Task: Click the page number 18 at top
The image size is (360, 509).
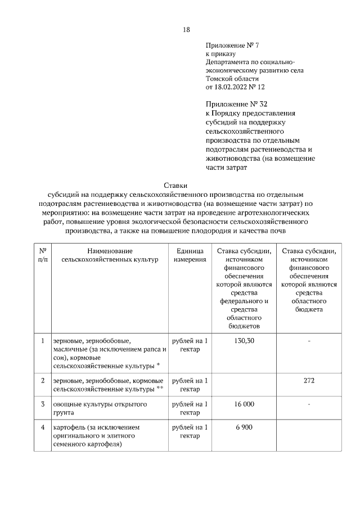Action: point(186,30)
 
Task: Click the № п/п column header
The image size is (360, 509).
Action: point(43,255)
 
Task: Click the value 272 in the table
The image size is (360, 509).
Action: point(309,381)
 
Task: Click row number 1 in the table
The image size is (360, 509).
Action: point(43,341)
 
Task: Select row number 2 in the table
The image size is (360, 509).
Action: point(43,381)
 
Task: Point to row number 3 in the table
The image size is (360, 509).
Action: point(43,404)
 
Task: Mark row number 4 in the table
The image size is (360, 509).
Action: point(43,427)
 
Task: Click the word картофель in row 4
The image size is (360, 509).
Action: point(69,427)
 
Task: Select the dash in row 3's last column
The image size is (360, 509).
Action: point(309,404)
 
